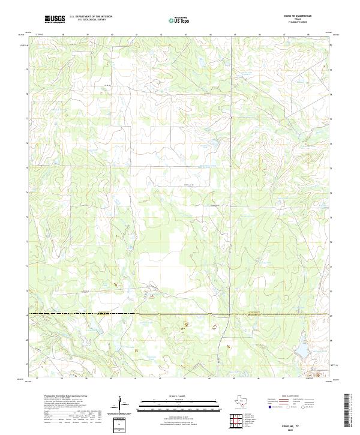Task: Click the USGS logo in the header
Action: pos(55,19)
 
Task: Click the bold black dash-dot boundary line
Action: pos(180,314)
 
